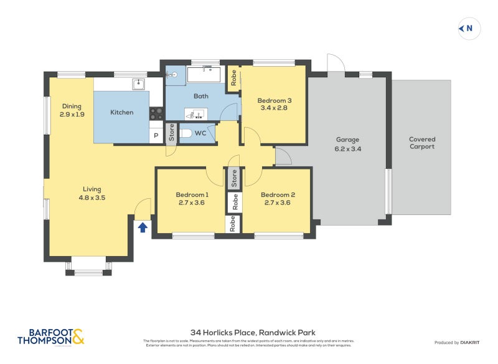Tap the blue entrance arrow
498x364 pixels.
pyautogui.click(x=143, y=227)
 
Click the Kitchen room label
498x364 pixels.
pyautogui.click(x=122, y=112)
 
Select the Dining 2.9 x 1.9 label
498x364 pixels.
pyautogui.click(x=72, y=110)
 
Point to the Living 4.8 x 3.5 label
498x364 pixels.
pyautogui.click(x=92, y=193)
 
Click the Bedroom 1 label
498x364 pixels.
pyautogui.click(x=192, y=198)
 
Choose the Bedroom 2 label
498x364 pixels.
pyautogui.click(x=278, y=198)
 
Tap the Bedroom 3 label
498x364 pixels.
pyautogui.click(x=275, y=104)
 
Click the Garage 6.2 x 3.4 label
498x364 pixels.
pyautogui.click(x=348, y=144)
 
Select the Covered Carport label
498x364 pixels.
pyautogui.click(x=422, y=143)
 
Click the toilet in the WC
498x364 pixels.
pyautogui.click(x=186, y=133)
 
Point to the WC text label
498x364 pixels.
pyautogui.click(x=200, y=133)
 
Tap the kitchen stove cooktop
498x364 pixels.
pyautogui.click(x=156, y=113)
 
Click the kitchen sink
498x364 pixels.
pyautogui.click(x=138, y=84)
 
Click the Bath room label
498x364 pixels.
pyautogui.click(x=200, y=96)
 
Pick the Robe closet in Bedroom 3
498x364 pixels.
pyautogui.click(x=233, y=79)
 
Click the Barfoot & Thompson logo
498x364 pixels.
pyautogui.click(x=50, y=337)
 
